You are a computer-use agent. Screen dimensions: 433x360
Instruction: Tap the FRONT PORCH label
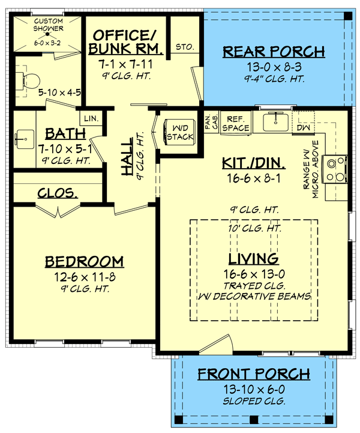click(x=254, y=374)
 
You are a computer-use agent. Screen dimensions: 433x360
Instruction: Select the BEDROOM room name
click(x=85, y=261)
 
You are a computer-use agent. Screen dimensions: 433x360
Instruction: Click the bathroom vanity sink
click(x=24, y=139)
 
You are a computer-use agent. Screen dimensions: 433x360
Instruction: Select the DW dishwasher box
click(x=302, y=127)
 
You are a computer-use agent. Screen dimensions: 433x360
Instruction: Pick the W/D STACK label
click(x=179, y=133)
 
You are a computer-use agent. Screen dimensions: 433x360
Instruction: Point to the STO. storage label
click(x=183, y=46)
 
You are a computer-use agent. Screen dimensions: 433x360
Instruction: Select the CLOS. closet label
click(x=57, y=193)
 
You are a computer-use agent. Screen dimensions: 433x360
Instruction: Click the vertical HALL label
click(x=128, y=163)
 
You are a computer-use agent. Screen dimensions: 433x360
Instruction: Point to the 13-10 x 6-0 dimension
click(x=254, y=389)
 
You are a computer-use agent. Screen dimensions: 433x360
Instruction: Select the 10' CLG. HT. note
click(x=254, y=229)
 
